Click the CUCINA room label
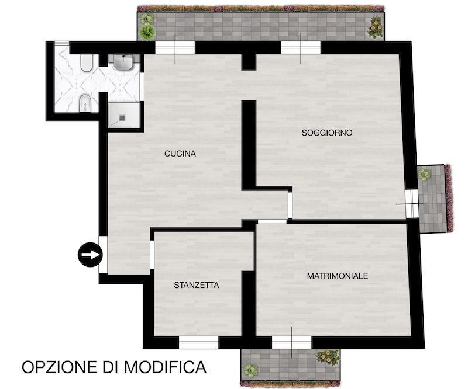click(x=180, y=154)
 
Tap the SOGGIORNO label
click(x=327, y=133)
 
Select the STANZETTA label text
click(x=197, y=285)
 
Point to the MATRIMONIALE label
click(x=338, y=276)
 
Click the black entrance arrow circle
click(x=90, y=255)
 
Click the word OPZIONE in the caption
click(x=60, y=367)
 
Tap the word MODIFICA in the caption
click(x=165, y=367)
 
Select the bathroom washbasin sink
click(x=123, y=62)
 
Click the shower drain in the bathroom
click(x=122, y=118)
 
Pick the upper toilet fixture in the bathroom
click(x=87, y=63)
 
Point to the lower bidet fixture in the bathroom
click(x=85, y=103)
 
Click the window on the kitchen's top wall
click(x=175, y=48)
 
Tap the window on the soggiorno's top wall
click(x=301, y=48)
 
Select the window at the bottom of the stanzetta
click(x=198, y=342)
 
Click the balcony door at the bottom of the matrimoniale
click(x=291, y=342)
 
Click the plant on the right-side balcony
click(x=424, y=175)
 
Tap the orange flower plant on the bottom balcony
click(x=328, y=357)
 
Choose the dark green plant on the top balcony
click(x=147, y=32)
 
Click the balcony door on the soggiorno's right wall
click(x=412, y=203)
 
